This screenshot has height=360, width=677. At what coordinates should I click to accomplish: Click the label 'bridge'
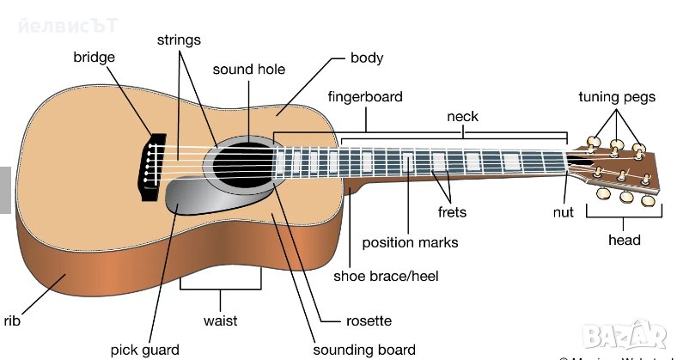pyautogui.click(x=94, y=58)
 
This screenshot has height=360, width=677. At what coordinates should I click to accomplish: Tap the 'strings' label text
pyautogui.click(x=179, y=40)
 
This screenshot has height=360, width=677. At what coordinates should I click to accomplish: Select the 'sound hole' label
pyautogui.click(x=248, y=70)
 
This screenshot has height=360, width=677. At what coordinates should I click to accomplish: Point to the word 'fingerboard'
pyautogui.click(x=364, y=97)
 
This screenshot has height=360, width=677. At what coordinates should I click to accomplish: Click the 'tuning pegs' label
pyautogui.click(x=617, y=97)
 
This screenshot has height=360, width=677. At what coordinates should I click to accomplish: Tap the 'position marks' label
pyautogui.click(x=410, y=242)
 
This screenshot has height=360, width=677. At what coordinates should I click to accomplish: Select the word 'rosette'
pyautogui.click(x=367, y=320)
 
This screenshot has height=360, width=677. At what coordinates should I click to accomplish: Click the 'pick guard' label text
pyautogui.click(x=145, y=350)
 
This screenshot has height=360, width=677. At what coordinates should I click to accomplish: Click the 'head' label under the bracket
pyautogui.click(x=624, y=240)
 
